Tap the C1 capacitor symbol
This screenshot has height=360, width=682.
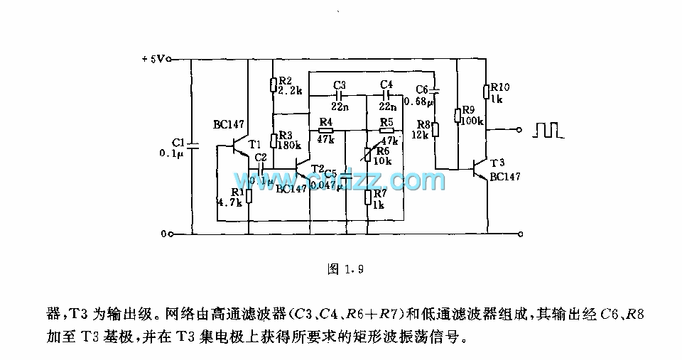[x=193, y=146]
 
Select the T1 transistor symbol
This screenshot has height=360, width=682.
[x=242, y=146]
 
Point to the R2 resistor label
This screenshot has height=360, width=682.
[x=286, y=80]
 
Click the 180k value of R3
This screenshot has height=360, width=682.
[x=290, y=146]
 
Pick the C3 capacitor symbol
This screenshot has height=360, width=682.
[x=338, y=94]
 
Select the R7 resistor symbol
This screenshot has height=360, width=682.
[x=367, y=196]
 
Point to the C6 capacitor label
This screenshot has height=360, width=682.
[x=422, y=89]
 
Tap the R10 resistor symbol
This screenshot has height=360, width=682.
[x=487, y=92]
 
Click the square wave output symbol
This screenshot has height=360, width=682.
[x=547, y=130]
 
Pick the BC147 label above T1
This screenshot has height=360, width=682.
[x=228, y=125]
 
